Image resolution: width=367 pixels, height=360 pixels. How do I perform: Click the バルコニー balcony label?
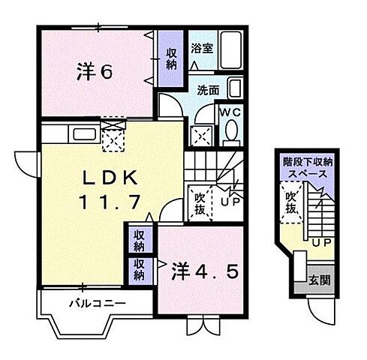click(98, 304)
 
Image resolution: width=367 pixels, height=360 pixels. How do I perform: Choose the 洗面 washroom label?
click(209, 91)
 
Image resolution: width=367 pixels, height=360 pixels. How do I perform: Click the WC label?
click(229, 111)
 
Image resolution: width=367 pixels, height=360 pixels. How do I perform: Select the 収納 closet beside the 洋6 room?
click(171, 58)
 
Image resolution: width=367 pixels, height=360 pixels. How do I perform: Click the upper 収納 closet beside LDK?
click(140, 241)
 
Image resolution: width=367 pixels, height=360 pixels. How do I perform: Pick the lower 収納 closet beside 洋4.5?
click(140, 268)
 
